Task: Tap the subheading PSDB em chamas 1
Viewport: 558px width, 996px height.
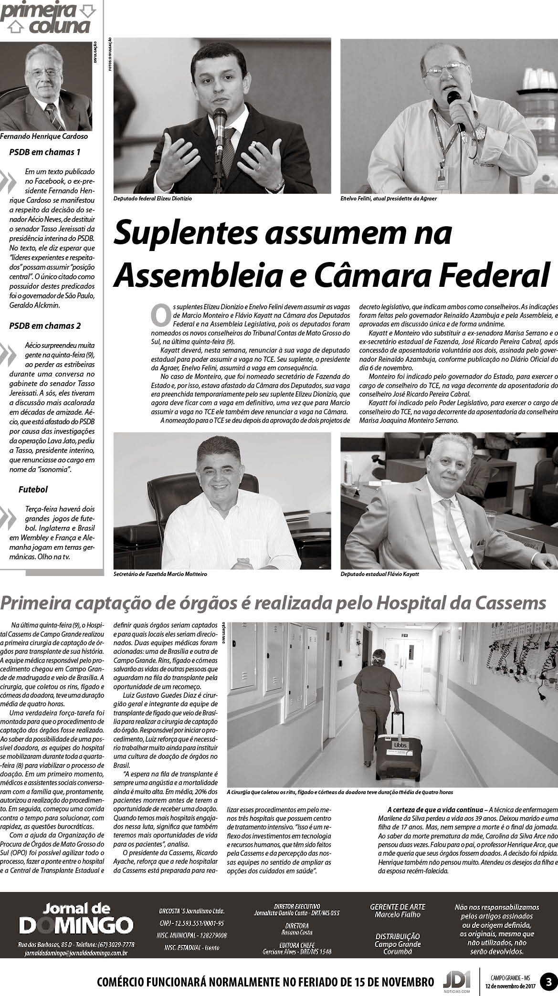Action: (45, 152)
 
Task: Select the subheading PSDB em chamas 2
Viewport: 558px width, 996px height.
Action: (45, 326)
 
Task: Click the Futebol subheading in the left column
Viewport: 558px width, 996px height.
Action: (33, 489)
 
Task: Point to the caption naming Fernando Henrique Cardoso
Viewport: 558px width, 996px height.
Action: (44, 136)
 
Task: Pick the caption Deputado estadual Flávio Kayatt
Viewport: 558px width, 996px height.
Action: (380, 574)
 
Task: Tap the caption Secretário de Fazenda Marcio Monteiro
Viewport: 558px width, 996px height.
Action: (160, 574)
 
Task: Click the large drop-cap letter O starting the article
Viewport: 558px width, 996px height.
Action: (160, 314)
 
